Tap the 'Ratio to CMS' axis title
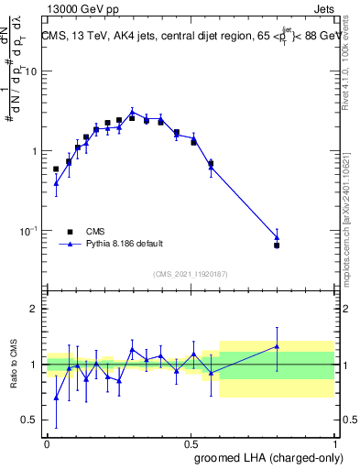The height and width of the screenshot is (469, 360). pyautogui.click(x=14, y=365)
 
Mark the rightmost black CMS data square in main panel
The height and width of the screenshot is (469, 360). pyautogui.click(x=277, y=245)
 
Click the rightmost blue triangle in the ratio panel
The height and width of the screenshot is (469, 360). pyautogui.click(x=277, y=346)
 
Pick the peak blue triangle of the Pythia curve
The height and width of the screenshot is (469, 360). pyautogui.click(x=132, y=112)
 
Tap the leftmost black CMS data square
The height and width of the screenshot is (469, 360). pyautogui.click(x=56, y=169)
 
